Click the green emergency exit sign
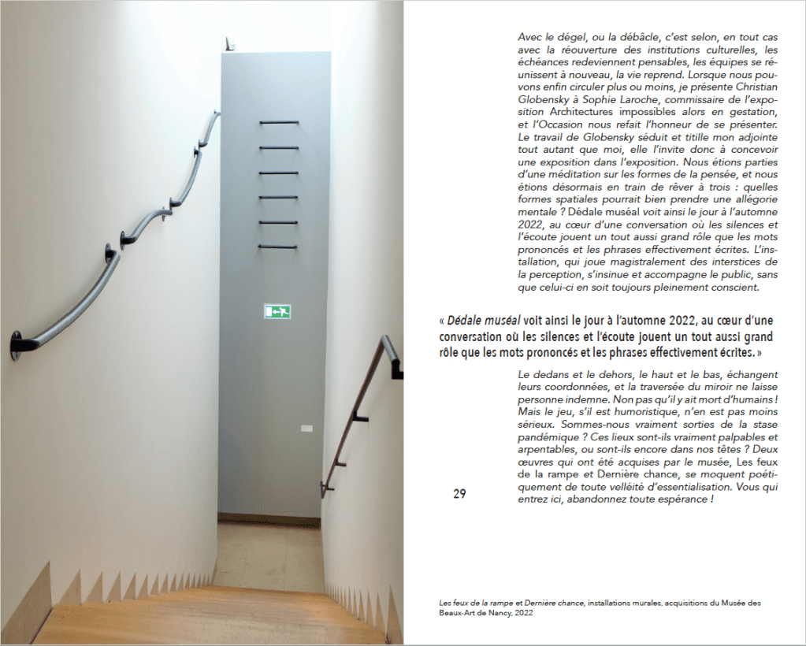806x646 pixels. [x=277, y=311]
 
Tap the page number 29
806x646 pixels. [x=459, y=494]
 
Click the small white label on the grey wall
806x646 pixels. [x=306, y=429]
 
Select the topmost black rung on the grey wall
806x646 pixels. [x=278, y=123]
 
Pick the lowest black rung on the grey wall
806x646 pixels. [x=278, y=247]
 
